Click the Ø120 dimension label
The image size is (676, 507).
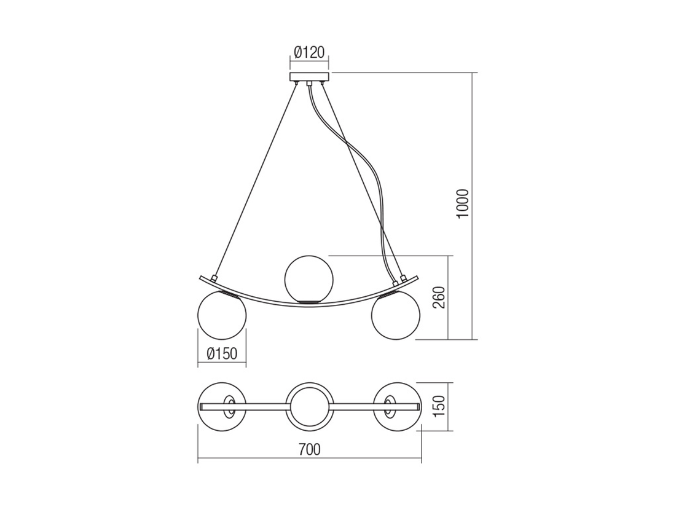click(x=309, y=52)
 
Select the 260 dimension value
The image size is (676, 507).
click(x=439, y=298)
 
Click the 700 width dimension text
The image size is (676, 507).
click(x=309, y=450)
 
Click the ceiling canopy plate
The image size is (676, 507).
click(x=309, y=77)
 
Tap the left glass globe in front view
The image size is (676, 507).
click(x=221, y=316)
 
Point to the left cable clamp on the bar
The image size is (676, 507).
click(x=214, y=279)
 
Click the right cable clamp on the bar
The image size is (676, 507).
click(x=404, y=279)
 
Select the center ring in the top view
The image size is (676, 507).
click(x=309, y=407)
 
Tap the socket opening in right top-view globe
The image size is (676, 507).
click(x=389, y=406)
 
